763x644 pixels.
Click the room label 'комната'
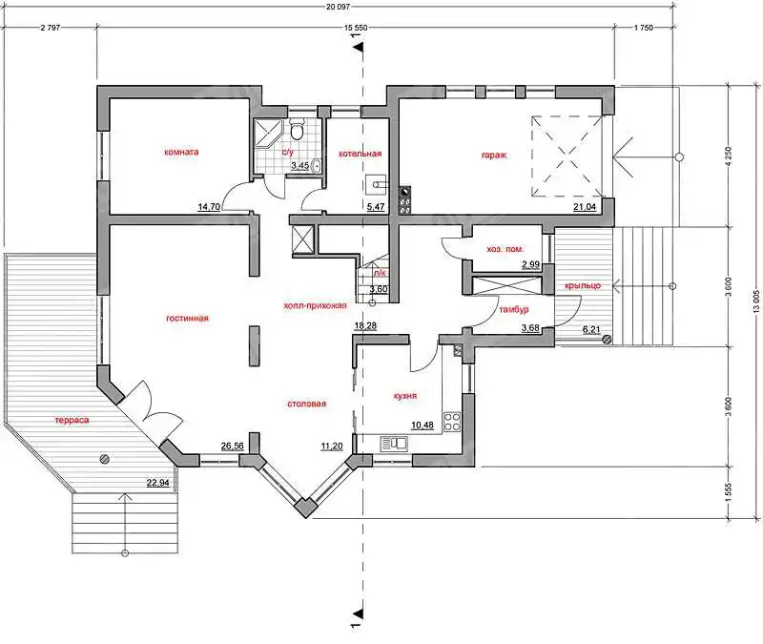(x=181, y=152)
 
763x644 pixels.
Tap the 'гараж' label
(x=494, y=156)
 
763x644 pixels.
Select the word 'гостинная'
(x=187, y=319)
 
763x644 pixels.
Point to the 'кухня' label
(x=404, y=396)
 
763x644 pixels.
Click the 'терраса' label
(x=72, y=420)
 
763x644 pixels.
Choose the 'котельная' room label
(x=361, y=154)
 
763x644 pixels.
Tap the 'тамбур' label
(x=514, y=309)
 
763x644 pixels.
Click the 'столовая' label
(x=306, y=404)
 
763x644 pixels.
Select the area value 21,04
(x=585, y=207)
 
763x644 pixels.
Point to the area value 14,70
(x=209, y=207)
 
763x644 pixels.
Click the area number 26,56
(x=232, y=446)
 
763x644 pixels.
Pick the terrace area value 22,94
(x=158, y=483)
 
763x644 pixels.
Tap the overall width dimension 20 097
(x=339, y=7)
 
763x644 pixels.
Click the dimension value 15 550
(x=356, y=28)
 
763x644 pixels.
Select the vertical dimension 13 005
(x=756, y=302)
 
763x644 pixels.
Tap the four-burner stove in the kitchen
(x=452, y=421)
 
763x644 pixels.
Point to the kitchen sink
(x=395, y=444)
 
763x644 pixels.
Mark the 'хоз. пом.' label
(x=505, y=249)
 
